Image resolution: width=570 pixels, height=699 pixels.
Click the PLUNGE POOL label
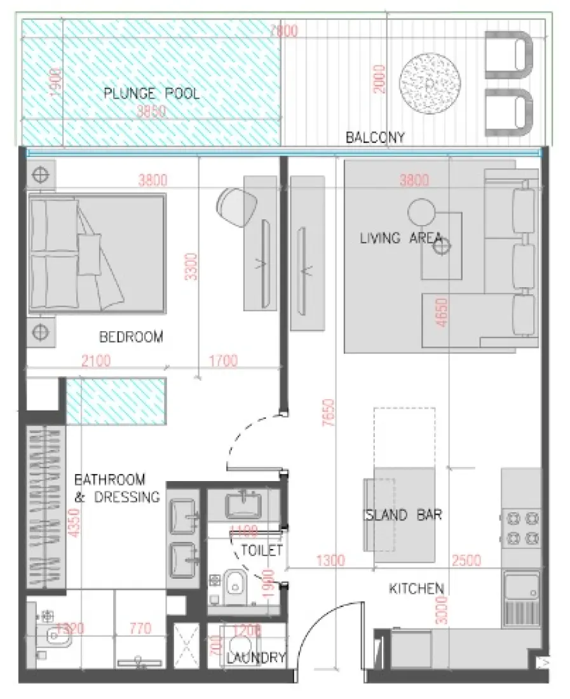point(151,95)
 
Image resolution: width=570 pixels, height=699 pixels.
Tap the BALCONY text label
point(375,137)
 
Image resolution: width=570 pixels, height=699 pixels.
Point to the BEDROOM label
point(131,337)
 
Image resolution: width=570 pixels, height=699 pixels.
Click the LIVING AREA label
point(400,238)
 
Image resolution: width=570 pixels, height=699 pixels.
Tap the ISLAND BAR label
point(402,515)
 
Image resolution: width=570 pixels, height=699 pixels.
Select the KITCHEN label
point(416,589)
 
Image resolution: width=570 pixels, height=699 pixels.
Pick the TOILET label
point(261,550)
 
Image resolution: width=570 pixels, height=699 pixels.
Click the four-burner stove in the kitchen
point(520,528)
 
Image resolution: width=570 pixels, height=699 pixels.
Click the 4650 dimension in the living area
point(442,313)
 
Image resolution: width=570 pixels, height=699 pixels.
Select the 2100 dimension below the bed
point(96,362)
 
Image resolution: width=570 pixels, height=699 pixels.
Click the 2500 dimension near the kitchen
point(467,560)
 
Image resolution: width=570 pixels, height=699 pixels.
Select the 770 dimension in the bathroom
point(140,629)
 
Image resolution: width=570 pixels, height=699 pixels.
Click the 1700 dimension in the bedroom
point(222,362)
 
